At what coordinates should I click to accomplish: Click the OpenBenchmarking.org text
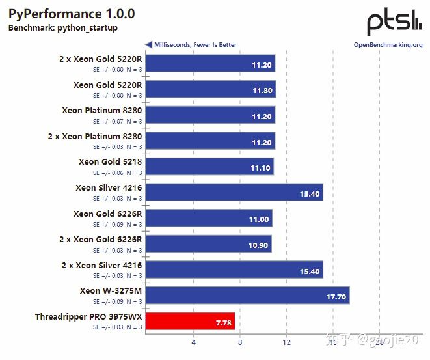[x=388, y=45]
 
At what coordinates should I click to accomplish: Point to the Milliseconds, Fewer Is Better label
[x=195, y=45]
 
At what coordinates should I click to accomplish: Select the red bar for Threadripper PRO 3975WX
[x=190, y=321]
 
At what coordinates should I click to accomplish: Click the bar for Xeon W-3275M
[x=247, y=296]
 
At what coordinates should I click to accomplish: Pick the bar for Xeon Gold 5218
[x=209, y=166]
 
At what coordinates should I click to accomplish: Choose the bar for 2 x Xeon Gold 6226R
[x=208, y=243]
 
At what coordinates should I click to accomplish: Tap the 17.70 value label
[x=336, y=296]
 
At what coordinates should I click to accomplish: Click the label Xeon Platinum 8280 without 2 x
[x=102, y=111]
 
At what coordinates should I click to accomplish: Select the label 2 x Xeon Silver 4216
[x=101, y=266]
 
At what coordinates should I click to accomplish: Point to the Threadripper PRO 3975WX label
[x=88, y=317]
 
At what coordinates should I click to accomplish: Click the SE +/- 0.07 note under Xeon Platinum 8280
[x=117, y=121]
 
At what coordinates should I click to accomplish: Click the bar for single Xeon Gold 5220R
[x=211, y=89]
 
